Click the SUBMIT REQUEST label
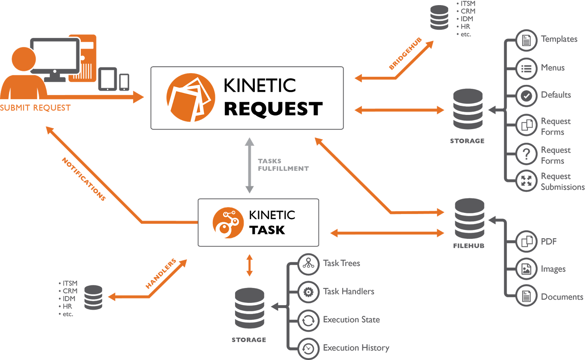[x=35, y=108]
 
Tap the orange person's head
[x=24, y=59]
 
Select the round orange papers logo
[x=190, y=98]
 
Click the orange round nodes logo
[x=228, y=223]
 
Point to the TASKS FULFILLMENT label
[x=283, y=165]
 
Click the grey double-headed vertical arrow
[x=249, y=165]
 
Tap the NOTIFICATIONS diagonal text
[x=84, y=179]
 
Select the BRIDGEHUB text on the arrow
[x=405, y=53]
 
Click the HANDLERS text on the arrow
[x=161, y=273]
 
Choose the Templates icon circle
[x=526, y=40]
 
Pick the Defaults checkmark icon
[x=526, y=96]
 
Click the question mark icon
[x=526, y=154]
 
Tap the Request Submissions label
[x=562, y=181]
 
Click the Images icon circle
[x=526, y=269]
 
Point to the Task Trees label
[x=341, y=263]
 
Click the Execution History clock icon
[x=308, y=348]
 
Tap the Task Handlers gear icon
[x=308, y=292]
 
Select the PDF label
[x=548, y=241]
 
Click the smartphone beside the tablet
[x=124, y=82]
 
